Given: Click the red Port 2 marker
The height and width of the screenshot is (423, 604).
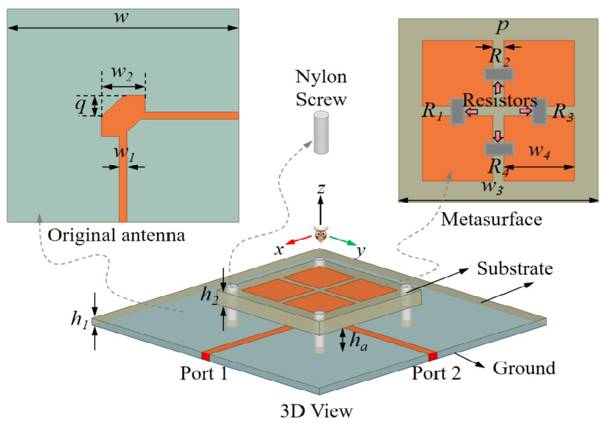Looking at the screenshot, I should pos(434,355).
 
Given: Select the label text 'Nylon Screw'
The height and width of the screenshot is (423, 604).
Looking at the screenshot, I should pos(321,89).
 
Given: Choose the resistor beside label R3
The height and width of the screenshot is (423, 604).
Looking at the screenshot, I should pos(539,111).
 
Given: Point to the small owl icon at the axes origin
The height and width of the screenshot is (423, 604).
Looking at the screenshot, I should pos(321,236).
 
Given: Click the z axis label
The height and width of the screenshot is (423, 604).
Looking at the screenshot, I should pos(321,190).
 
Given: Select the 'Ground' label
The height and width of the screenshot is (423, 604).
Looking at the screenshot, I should pos(524,368).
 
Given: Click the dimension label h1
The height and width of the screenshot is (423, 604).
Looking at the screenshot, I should pos(79,320).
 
